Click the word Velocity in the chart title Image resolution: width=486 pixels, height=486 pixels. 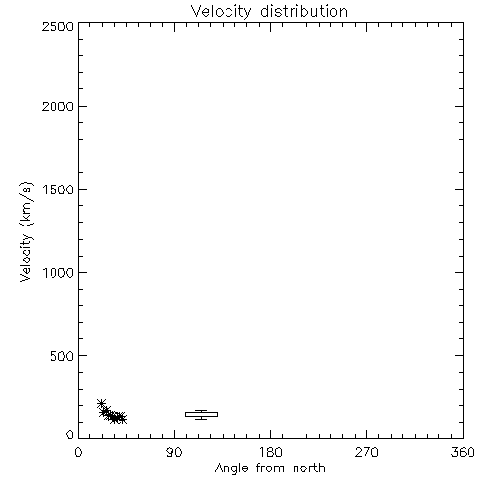pyautogui.click(x=221, y=12)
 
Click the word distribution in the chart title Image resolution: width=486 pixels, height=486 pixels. pyautogui.click(x=304, y=11)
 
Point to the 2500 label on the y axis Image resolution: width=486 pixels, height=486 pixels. pyautogui.click(x=57, y=26)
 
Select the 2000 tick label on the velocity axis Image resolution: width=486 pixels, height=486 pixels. pyautogui.click(x=57, y=106)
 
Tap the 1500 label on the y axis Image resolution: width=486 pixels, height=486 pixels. pyautogui.click(x=58, y=190)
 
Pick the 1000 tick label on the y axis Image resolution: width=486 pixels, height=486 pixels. pyautogui.click(x=58, y=273)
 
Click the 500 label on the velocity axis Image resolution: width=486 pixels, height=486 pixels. pyautogui.click(x=62, y=356)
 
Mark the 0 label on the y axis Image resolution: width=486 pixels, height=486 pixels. pyautogui.click(x=70, y=434)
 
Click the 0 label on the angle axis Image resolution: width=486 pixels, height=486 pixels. pyautogui.click(x=78, y=452)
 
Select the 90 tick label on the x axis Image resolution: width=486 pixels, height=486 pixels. pyautogui.click(x=174, y=452)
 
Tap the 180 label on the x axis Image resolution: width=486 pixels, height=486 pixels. pyautogui.click(x=270, y=452)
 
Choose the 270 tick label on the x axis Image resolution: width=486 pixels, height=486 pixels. pyautogui.click(x=366, y=452)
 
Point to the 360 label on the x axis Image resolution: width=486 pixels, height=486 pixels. pyautogui.click(x=463, y=452)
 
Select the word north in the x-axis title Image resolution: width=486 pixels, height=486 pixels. pyautogui.click(x=309, y=469)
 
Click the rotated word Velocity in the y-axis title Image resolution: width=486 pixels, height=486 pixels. pyautogui.click(x=26, y=258)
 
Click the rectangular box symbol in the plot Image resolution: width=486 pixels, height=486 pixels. pyautogui.click(x=201, y=414)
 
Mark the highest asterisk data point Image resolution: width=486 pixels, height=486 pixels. pyautogui.click(x=101, y=403)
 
